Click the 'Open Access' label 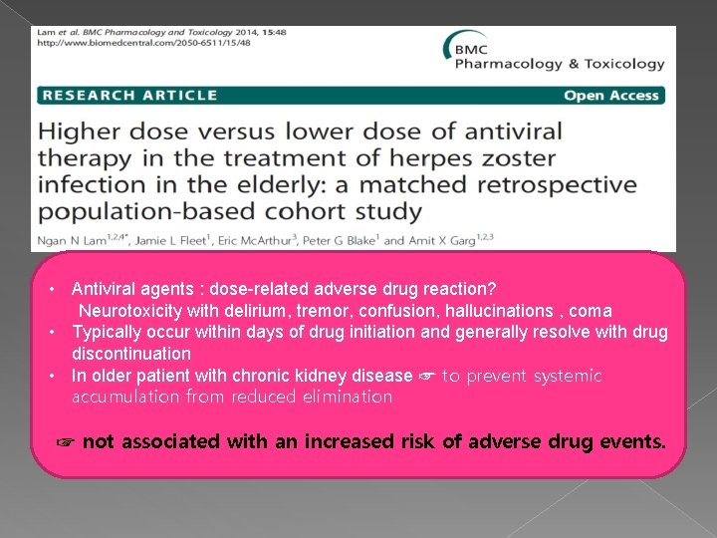coord(611,95)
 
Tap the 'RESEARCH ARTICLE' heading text coord(128,95)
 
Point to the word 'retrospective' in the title coord(551,185)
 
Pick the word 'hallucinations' coord(486,311)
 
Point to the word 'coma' coord(590,311)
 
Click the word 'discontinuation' coord(130,354)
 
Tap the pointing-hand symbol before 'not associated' coord(67,441)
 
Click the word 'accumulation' coord(122,397)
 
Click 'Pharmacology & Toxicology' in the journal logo coord(559,64)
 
